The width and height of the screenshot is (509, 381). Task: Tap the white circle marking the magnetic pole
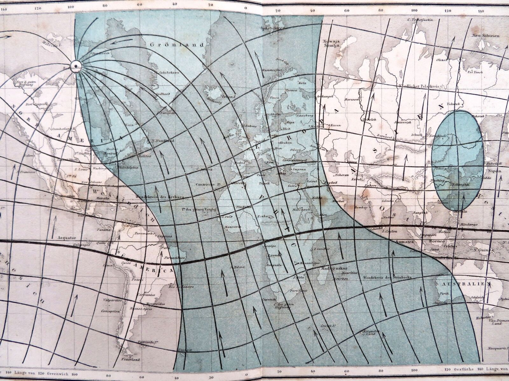coord(76,65)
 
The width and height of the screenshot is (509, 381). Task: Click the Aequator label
coord(66,237)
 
